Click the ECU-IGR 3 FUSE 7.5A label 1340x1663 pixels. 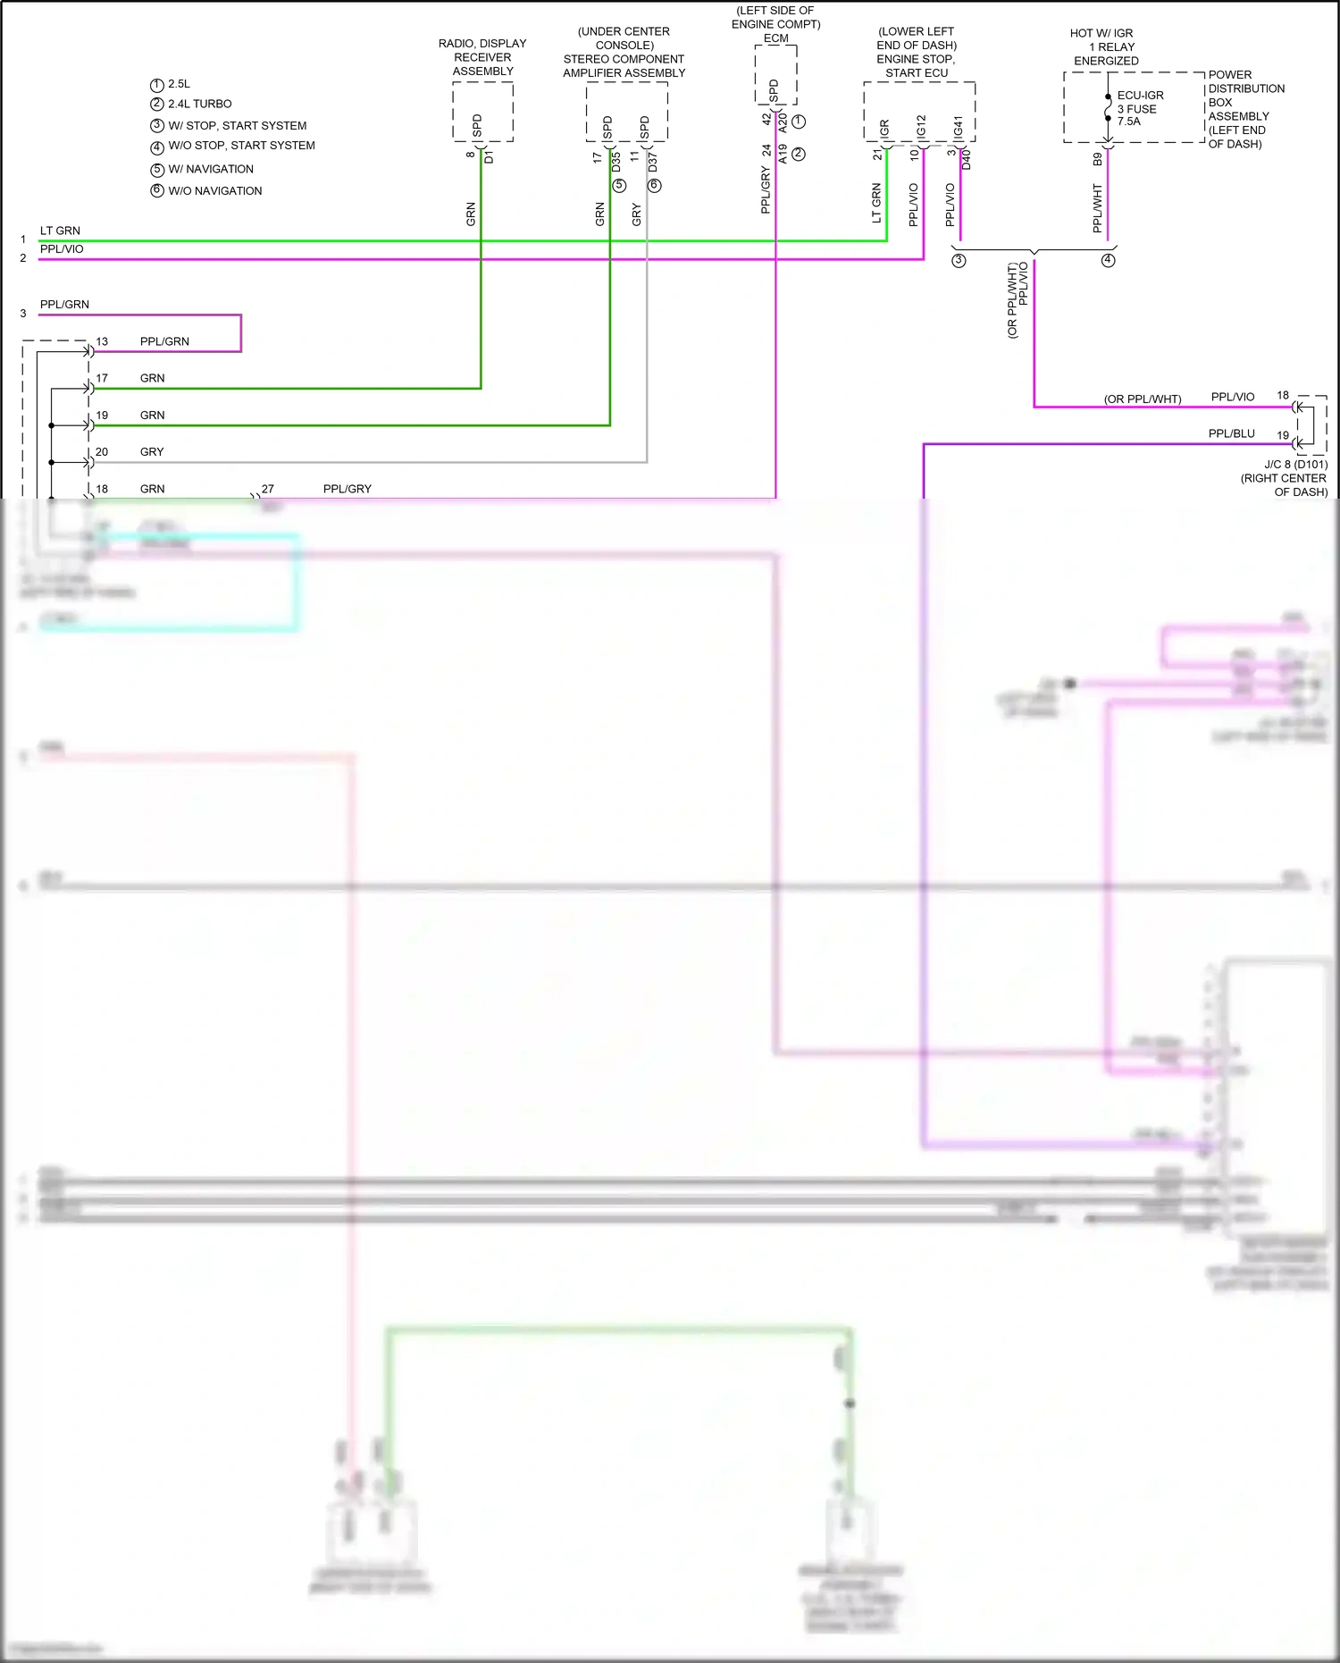pos(1139,108)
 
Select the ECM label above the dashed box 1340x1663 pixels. pos(775,38)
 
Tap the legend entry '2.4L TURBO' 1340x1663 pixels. pos(199,104)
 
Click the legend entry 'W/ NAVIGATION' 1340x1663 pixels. pos(210,169)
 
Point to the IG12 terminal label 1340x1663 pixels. pos(921,127)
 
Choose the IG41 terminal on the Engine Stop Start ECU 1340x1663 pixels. pos(958,127)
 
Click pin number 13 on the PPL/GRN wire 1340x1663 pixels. pos(102,341)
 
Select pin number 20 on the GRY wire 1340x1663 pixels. pos(102,452)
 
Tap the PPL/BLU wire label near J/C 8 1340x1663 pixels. pos(1231,433)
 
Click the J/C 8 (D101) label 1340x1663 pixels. pos(1295,465)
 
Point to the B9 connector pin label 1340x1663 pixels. pos(1098,160)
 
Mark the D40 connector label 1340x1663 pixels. pos(967,160)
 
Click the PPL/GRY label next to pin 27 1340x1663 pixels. pos(347,489)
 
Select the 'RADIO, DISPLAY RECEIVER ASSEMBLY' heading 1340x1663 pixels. pos(482,57)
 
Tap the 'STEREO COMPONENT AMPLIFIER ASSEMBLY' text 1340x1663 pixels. pos(624,66)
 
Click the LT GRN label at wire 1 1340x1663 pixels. pos(60,231)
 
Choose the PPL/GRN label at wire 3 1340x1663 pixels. pos(64,305)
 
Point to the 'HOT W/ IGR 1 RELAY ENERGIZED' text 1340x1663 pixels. pos(1105,47)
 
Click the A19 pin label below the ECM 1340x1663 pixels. pos(783,154)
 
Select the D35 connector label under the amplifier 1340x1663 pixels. pos(616,163)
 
